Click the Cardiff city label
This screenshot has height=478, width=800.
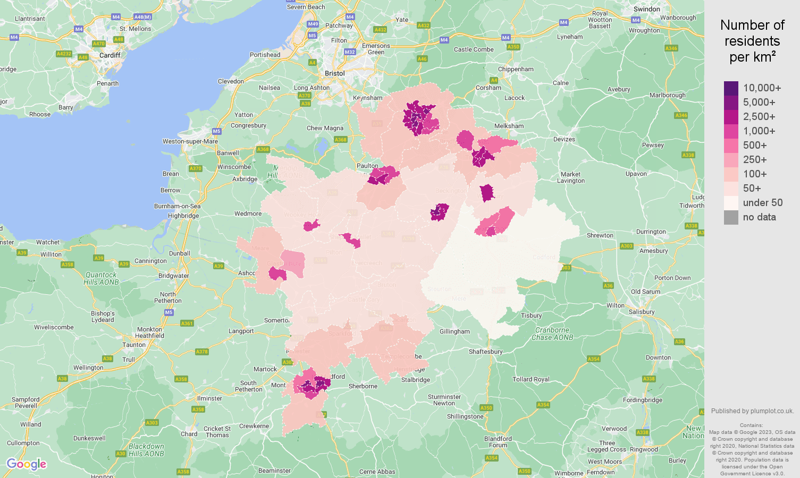click(110, 55)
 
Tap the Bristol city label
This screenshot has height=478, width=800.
click(334, 73)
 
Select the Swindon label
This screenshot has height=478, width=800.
click(646, 9)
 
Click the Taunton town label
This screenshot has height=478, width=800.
click(134, 345)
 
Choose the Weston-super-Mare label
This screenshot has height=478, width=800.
click(190, 141)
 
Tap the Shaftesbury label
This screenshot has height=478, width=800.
click(485, 352)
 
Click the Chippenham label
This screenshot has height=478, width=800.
click(516, 69)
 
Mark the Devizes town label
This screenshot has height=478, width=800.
click(564, 139)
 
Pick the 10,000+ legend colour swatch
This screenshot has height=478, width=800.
click(731, 88)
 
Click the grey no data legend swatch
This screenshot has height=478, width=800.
click(731, 217)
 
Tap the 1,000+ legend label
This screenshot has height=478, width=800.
click(759, 131)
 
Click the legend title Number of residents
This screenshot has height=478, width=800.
click(752, 41)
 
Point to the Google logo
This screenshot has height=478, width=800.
click(27, 464)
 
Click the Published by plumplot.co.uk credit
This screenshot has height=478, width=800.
click(752, 411)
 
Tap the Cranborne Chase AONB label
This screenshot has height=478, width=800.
click(552, 334)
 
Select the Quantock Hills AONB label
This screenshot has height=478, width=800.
click(101, 278)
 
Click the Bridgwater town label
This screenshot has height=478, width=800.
click(173, 276)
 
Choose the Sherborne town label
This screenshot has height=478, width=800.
click(363, 386)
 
